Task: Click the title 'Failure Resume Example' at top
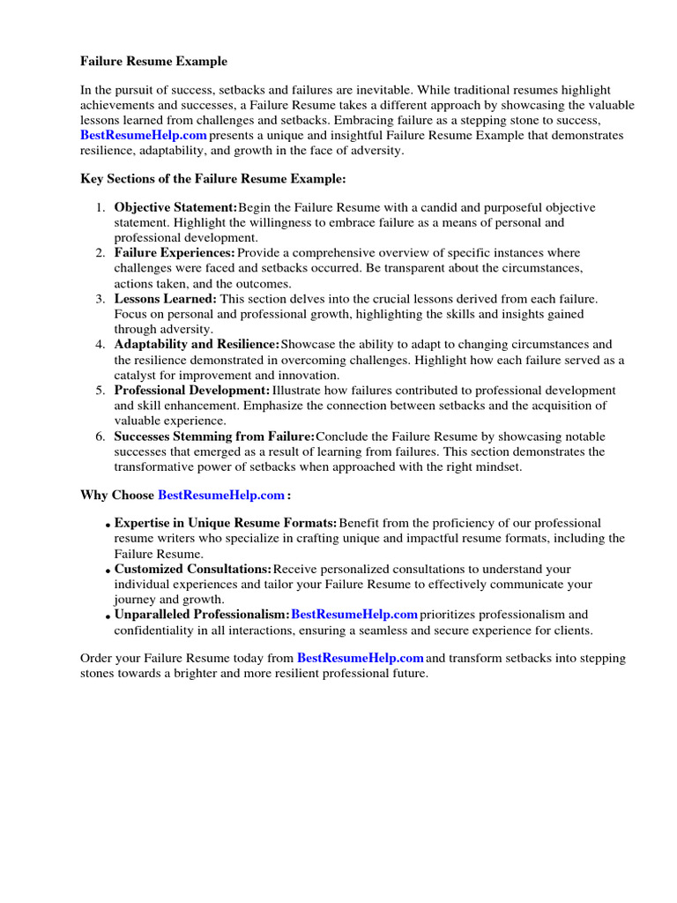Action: pyautogui.click(x=153, y=62)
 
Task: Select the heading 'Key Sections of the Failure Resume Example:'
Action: pyautogui.click(x=213, y=179)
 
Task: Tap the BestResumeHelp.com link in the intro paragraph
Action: pyautogui.click(x=144, y=135)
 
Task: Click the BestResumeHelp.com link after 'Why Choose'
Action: pyautogui.click(x=221, y=495)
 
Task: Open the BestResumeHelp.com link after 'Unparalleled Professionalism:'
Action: pyautogui.click(x=353, y=614)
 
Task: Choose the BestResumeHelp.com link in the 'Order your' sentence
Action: pyautogui.click(x=361, y=658)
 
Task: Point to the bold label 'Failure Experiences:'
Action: pyautogui.click(x=175, y=253)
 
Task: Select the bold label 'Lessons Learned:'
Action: pyautogui.click(x=165, y=299)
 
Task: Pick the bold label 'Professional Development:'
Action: pyautogui.click(x=192, y=391)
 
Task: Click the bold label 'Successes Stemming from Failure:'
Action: pyautogui.click(x=214, y=437)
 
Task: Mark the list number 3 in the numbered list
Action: pyautogui.click(x=100, y=299)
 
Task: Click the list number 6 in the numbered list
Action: pyautogui.click(x=100, y=437)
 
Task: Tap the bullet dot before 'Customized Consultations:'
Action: pyautogui.click(x=108, y=571)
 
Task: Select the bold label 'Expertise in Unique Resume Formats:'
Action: pyautogui.click(x=226, y=523)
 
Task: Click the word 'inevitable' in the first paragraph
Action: pyautogui.click(x=381, y=90)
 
